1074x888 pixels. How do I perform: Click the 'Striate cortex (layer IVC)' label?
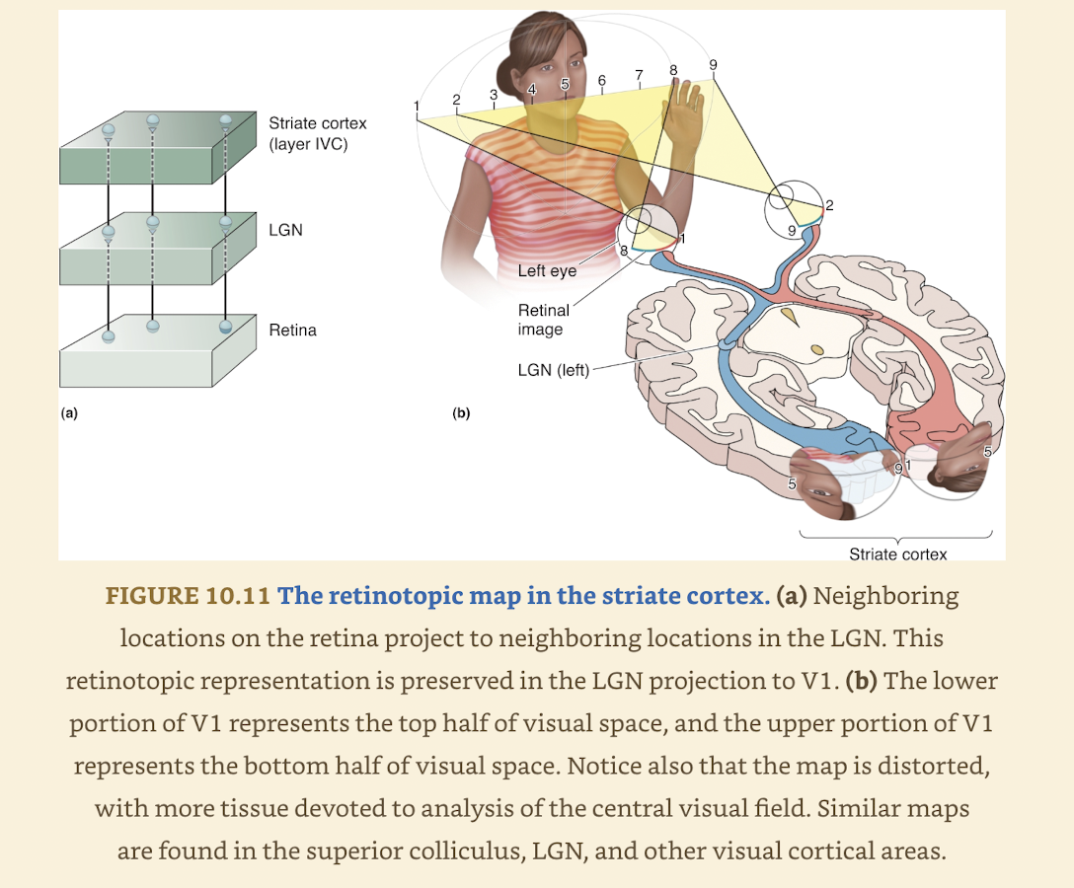coord(317,132)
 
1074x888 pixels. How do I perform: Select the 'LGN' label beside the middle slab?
coord(285,230)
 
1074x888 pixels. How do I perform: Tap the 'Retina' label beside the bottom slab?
coord(292,330)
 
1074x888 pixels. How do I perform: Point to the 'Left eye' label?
coord(546,270)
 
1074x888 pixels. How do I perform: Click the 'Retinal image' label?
coord(543,320)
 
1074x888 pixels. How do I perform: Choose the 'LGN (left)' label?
coord(553,371)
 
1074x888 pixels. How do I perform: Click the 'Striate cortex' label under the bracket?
coord(897,554)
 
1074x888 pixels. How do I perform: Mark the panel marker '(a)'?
coord(69,413)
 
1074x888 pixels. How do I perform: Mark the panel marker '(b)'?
coord(460,413)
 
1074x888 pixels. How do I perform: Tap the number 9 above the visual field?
coord(713,65)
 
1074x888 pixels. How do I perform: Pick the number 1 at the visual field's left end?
coord(417,106)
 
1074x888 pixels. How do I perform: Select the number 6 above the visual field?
coord(601,79)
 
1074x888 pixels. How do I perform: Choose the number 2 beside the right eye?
coord(829,205)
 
